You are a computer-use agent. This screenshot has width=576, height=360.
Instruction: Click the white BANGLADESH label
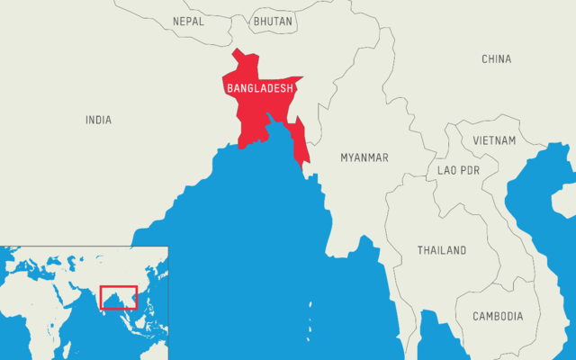259,88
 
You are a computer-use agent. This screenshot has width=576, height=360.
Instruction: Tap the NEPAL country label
188,20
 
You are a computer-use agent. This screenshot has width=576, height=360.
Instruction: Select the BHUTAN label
273,20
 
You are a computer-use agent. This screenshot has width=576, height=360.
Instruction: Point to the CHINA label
496,59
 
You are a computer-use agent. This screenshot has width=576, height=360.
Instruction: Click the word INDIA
99,120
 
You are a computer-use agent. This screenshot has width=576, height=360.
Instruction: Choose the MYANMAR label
364,157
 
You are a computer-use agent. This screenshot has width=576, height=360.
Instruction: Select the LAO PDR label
458,170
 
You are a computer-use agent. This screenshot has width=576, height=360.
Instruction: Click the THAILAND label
442,250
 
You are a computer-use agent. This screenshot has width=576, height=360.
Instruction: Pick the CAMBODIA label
497,317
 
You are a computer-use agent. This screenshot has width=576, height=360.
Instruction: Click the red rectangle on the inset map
118,297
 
